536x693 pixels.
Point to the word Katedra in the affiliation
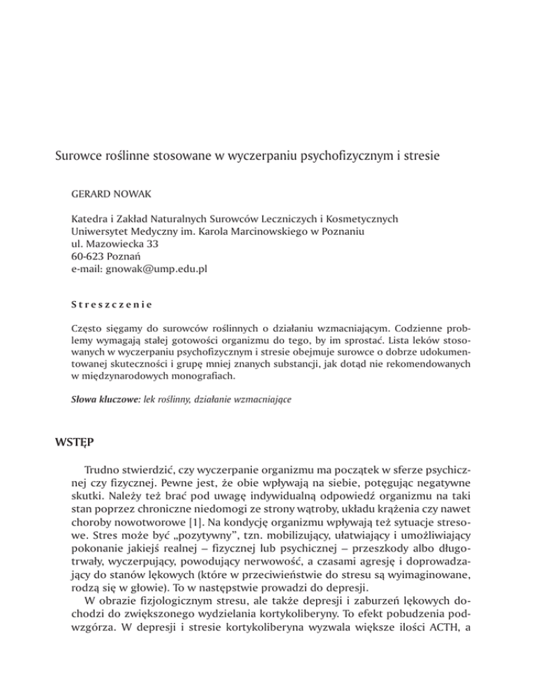tap(92, 218)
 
